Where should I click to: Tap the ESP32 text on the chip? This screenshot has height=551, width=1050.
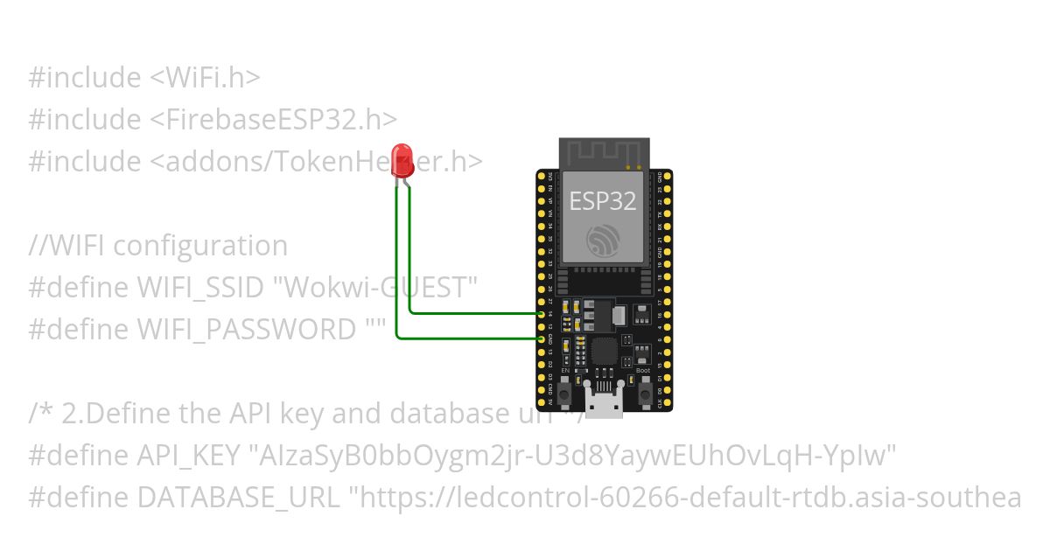(603, 201)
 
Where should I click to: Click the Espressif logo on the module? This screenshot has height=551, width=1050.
(603, 240)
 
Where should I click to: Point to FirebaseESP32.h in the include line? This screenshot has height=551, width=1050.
(280, 119)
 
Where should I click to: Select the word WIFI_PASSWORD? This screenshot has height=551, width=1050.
(246, 329)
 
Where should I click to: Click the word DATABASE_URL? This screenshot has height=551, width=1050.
(239, 498)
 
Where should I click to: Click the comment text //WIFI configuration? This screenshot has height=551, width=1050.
(157, 246)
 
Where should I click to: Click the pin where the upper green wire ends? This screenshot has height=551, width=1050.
(542, 313)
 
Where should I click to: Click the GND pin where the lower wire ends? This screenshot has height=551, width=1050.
(542, 338)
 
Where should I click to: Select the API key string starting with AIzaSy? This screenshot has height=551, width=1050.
(574, 456)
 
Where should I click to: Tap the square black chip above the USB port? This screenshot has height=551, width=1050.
(604, 352)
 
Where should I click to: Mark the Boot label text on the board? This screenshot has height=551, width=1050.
(643, 371)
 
